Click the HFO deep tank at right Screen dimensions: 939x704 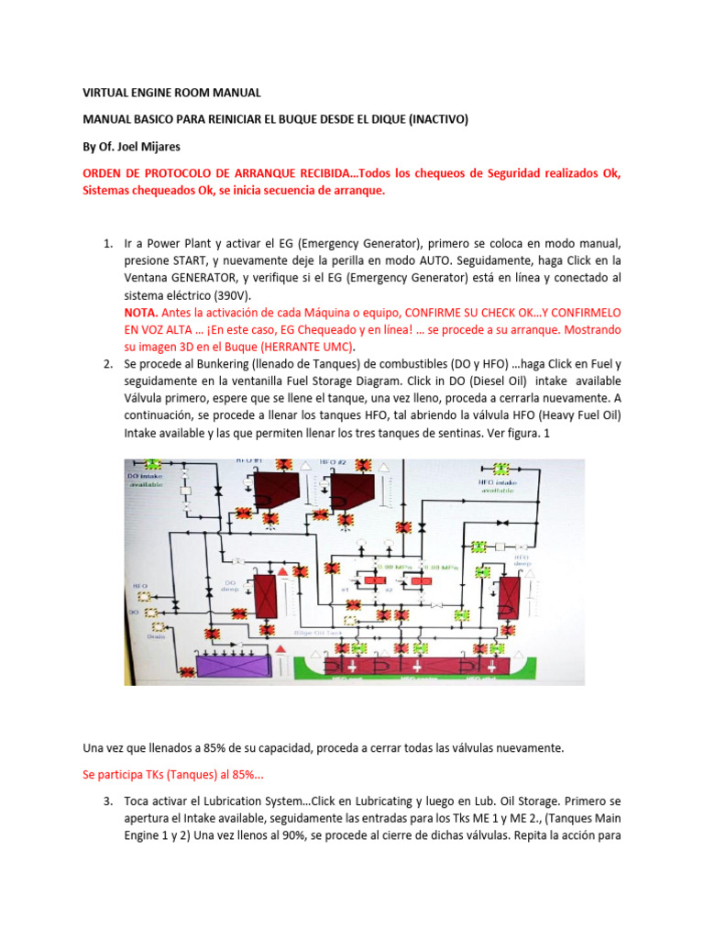pyautogui.click(x=505, y=598)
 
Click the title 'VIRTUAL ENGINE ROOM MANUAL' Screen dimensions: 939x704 pyautogui.click(x=172, y=93)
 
